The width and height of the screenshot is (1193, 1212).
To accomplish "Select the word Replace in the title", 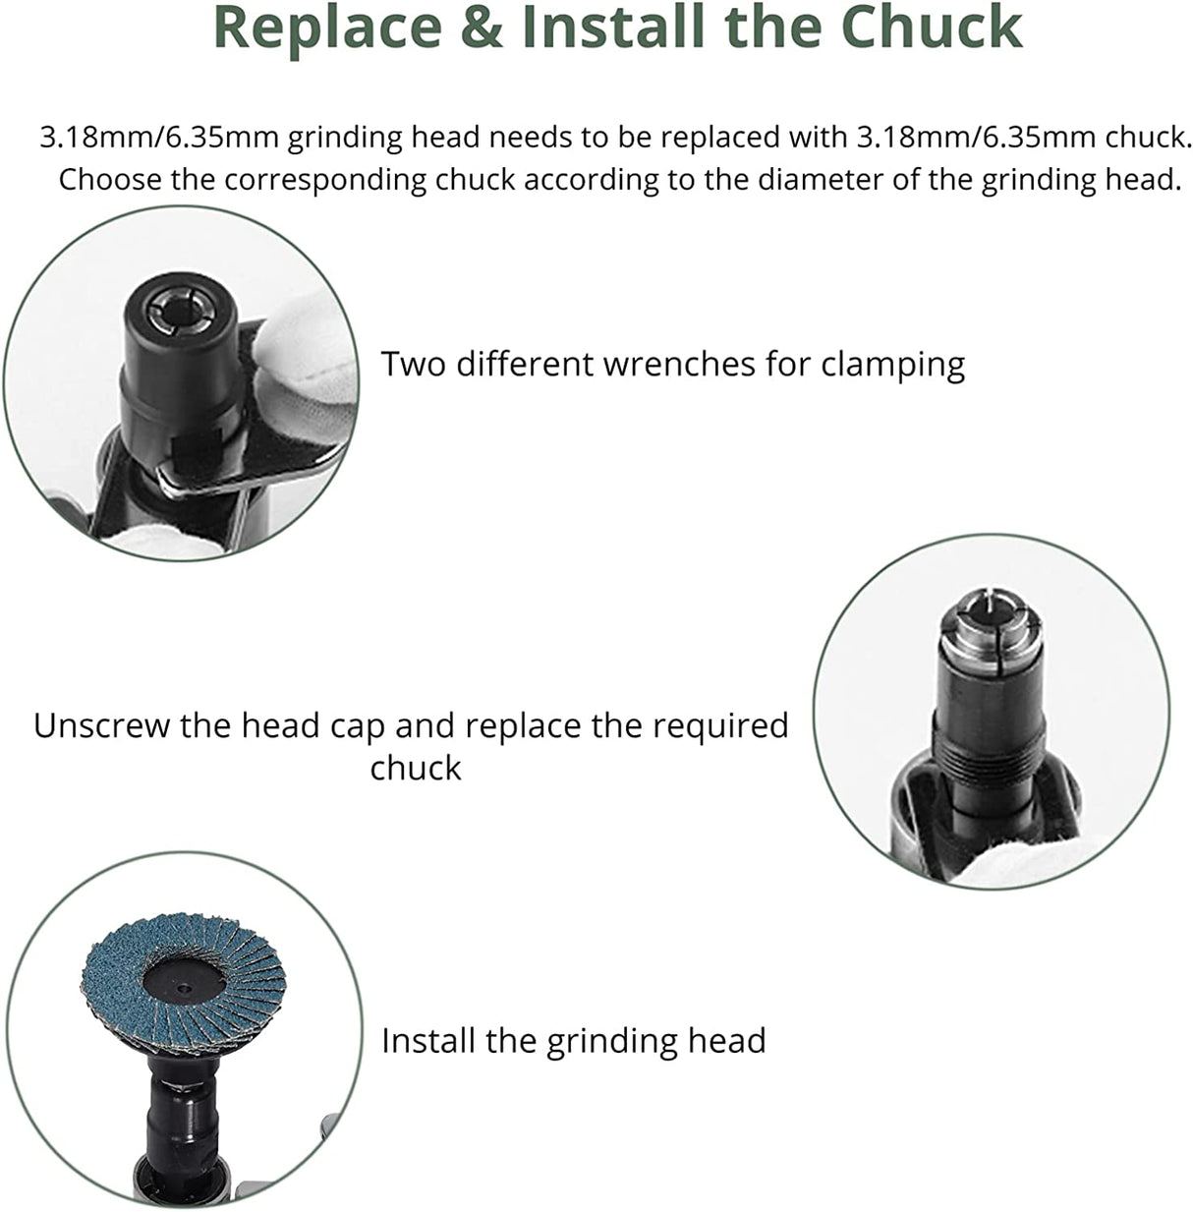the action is (x=327, y=29).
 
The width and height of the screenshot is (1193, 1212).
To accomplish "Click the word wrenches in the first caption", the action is (x=679, y=364).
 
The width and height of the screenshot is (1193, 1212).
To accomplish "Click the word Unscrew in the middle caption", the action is (x=101, y=725).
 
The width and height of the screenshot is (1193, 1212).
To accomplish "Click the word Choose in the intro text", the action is (x=109, y=179).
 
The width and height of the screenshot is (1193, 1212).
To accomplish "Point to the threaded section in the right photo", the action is (x=992, y=755).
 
